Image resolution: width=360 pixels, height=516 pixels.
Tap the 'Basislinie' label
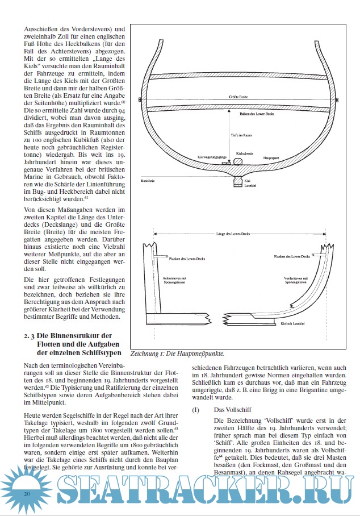point(148,180)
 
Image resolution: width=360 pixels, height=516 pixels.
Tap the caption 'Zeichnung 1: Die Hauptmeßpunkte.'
point(177,352)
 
